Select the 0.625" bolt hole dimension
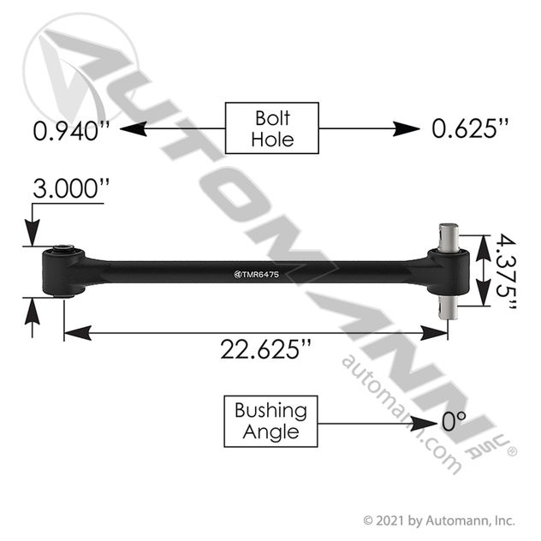click(470, 128)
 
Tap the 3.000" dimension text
click(71, 188)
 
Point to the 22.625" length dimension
click(265, 348)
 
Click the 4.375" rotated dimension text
click(506, 271)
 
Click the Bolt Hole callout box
click(272, 128)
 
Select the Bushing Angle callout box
click(270, 421)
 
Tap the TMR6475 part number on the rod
click(256, 275)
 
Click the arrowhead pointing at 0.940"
click(134, 128)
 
